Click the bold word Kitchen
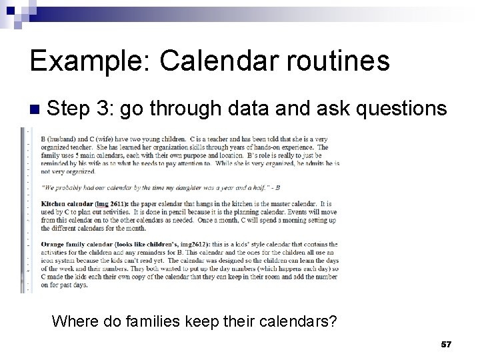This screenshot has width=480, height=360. pos(55,202)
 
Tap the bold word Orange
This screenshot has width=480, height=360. pos(55,244)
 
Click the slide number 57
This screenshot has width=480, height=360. pos(446,344)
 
